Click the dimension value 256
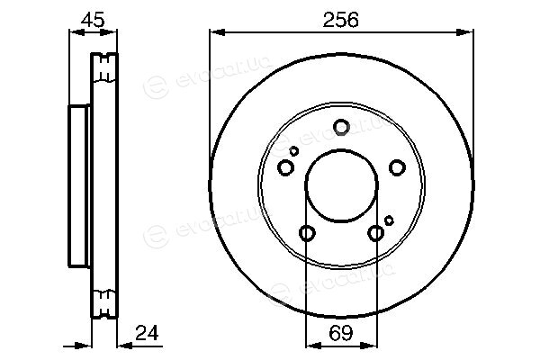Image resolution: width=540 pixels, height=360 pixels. click(340, 20)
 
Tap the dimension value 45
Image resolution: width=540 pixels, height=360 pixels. click(93, 20)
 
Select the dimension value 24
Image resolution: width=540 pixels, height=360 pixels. click(147, 333)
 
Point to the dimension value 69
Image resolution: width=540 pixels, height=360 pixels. click(341, 333)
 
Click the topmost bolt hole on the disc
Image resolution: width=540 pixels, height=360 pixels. click(341, 127)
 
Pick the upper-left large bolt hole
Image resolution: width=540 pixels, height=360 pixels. click(285, 167)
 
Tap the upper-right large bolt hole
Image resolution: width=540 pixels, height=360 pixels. click(397, 167)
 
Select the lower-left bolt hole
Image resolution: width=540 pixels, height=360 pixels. click(307, 233)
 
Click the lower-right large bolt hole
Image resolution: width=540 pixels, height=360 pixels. click(375, 233)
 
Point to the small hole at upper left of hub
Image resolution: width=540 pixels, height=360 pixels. click(293, 151)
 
